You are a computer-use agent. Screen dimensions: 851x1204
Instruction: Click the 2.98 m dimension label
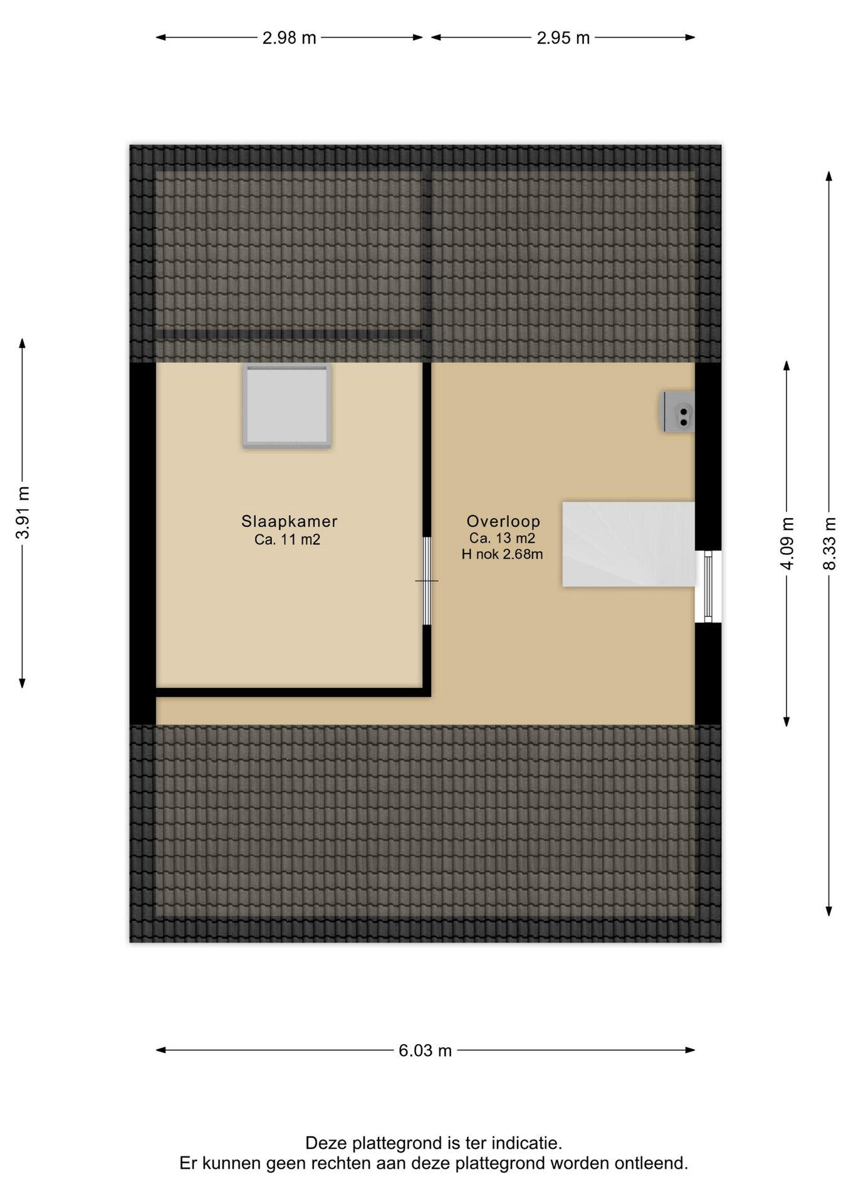click(289, 38)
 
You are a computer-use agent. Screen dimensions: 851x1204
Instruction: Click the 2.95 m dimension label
click(563, 38)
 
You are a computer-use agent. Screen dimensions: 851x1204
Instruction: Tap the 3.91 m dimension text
click(23, 512)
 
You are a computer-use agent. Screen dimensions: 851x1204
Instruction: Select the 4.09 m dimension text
click(788, 543)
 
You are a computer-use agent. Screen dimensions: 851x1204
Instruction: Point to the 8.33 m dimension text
click(830, 543)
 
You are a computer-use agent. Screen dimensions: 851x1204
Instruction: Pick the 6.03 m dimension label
click(425, 1050)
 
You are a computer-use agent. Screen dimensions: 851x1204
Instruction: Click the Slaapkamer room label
click(290, 521)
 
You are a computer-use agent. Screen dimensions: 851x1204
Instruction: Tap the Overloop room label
click(503, 521)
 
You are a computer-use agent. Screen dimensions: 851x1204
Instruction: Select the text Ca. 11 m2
click(288, 539)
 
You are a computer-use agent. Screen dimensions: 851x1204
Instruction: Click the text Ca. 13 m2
click(502, 538)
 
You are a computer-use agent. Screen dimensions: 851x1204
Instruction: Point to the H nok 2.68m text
click(502, 554)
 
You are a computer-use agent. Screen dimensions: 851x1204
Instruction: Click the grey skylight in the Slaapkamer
click(287, 406)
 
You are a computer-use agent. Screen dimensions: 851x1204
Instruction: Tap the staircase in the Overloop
click(629, 544)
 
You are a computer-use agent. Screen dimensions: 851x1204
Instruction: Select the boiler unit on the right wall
click(679, 412)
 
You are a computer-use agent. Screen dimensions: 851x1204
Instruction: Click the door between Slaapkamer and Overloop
click(427, 581)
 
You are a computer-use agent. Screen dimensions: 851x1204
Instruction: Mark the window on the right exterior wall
click(708, 587)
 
